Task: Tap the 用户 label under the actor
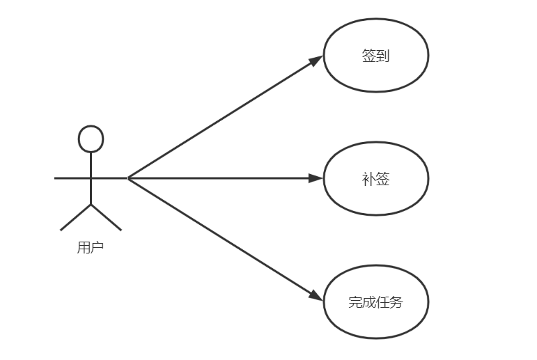[x=91, y=247]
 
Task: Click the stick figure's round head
[x=91, y=139]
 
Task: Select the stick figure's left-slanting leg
[x=76, y=217]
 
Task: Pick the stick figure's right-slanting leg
[x=106, y=217]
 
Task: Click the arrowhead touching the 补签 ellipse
[x=316, y=178]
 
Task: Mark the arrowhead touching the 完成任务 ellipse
[x=316, y=297]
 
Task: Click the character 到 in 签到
[x=382, y=56]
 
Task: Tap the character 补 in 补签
[x=369, y=178]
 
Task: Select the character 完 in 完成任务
[x=355, y=302]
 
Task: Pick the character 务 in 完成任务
[x=396, y=302]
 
